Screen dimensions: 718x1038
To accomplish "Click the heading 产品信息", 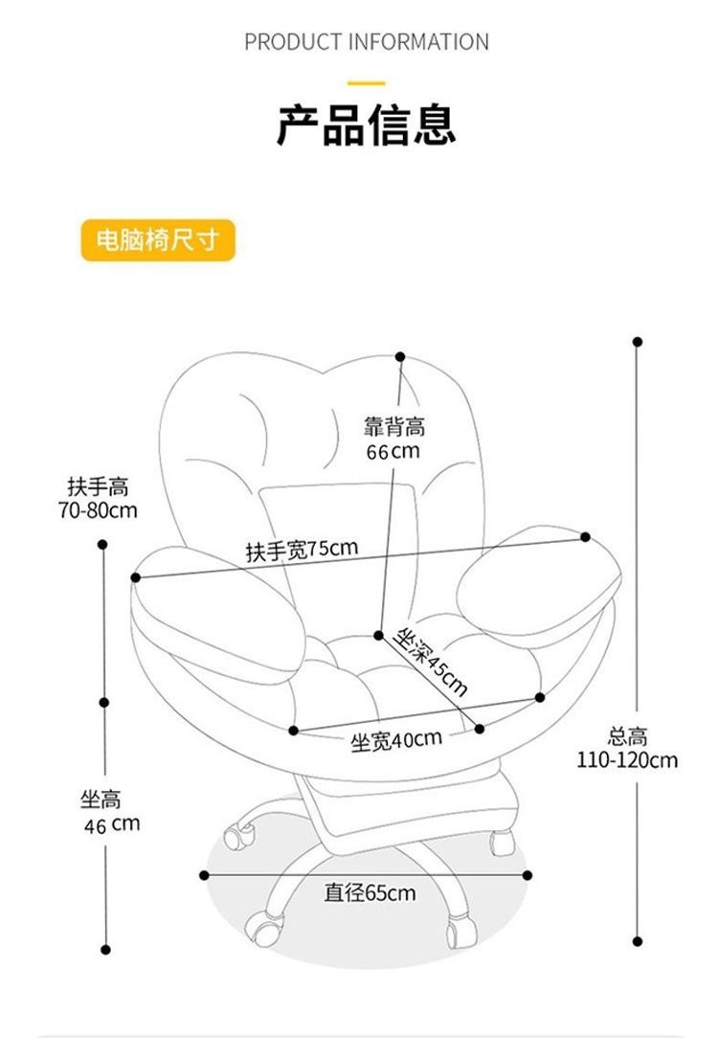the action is coord(366,125).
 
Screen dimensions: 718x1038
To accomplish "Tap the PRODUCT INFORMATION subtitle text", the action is coord(366,42).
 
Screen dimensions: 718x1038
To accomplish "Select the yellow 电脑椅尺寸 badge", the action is coord(157,240).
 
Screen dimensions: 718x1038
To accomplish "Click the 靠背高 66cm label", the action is coord(393,439).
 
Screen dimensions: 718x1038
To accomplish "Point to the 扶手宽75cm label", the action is coord(302,551).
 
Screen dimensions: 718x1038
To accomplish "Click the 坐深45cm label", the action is coord(432,660).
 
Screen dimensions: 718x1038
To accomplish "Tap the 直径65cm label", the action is coord(370,892).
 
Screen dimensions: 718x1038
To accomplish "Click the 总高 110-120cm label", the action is coord(628,748).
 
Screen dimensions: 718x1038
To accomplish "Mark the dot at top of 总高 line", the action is coord(638,341).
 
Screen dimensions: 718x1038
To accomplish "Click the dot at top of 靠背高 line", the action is coord(400,355).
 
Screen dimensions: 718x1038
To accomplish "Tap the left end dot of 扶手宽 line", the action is coord(136,577).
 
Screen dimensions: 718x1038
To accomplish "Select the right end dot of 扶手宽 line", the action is coord(585,537).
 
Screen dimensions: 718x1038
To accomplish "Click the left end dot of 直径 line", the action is coord(204,874).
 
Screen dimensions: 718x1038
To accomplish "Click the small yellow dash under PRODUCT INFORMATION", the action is coord(366,83).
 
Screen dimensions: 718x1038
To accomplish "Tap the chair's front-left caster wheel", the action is coord(266,927).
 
